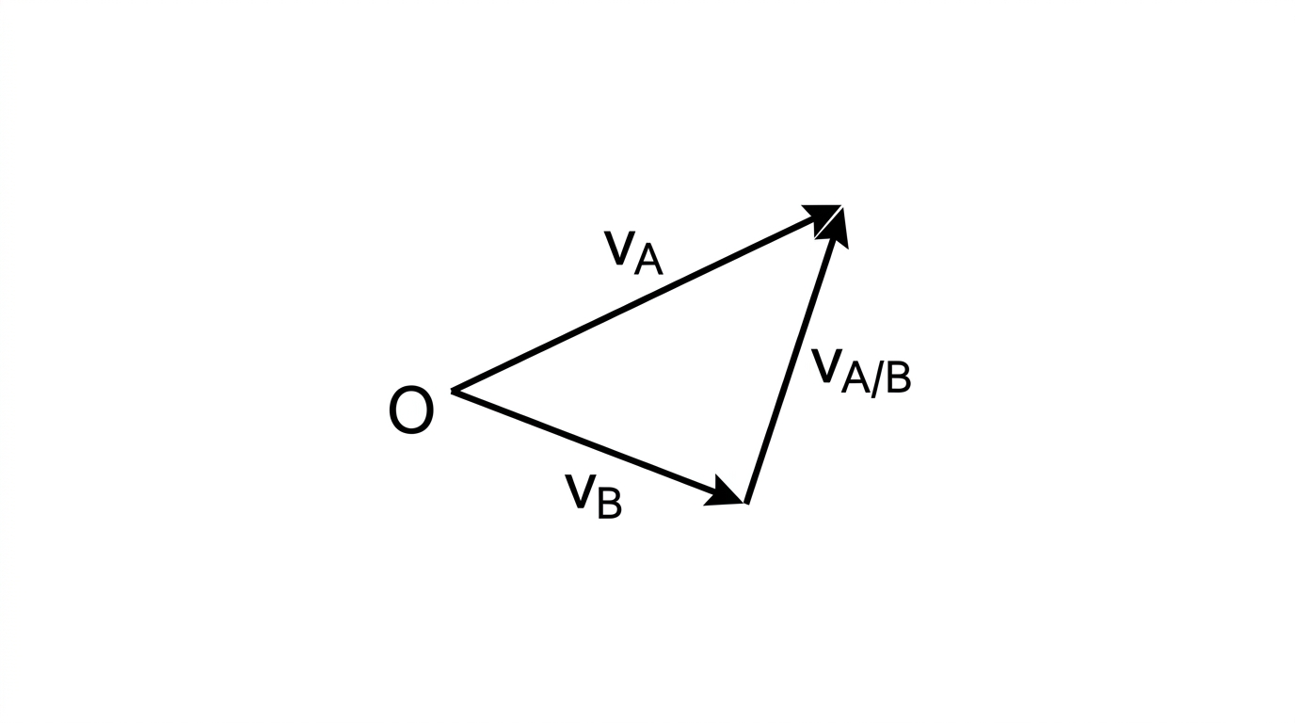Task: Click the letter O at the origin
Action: (411, 410)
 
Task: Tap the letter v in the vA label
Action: (619, 249)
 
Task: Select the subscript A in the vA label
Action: (648, 259)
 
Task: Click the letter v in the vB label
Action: (581, 492)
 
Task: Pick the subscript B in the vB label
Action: (609, 503)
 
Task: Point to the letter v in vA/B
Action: (827, 366)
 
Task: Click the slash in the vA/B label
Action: (877, 379)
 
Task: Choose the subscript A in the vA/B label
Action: (855, 378)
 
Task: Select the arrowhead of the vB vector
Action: (723, 491)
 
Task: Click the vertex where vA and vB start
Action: (452, 392)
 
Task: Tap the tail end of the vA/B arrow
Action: (747, 503)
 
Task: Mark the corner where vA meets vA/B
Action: (841, 206)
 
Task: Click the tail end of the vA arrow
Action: (452, 392)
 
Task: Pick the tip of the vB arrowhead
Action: (743, 503)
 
